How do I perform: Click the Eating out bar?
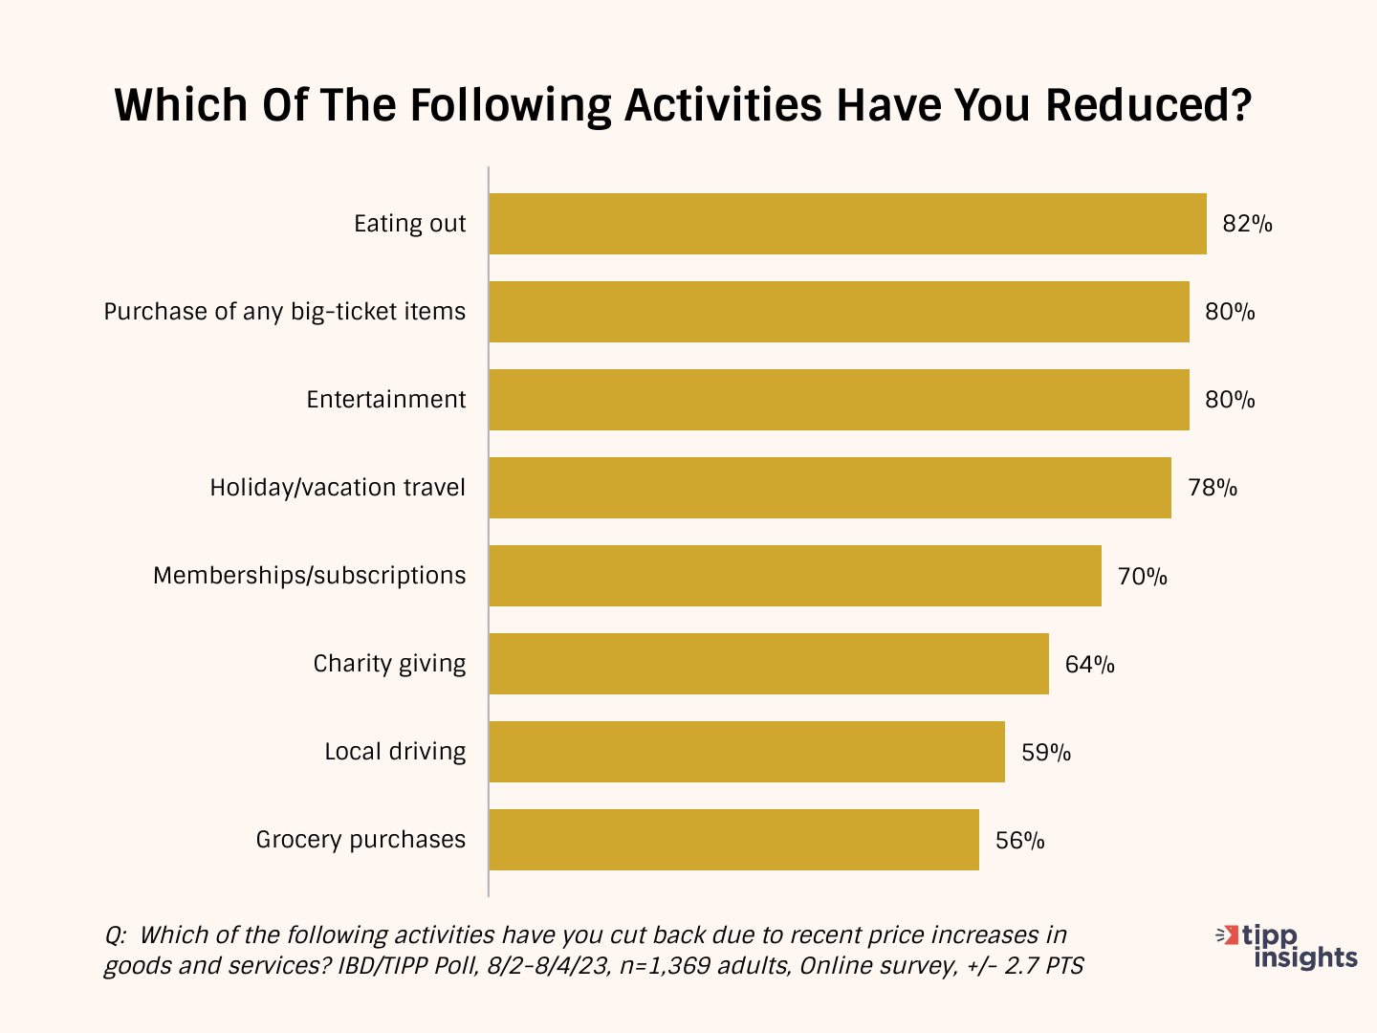pyautogui.click(x=847, y=224)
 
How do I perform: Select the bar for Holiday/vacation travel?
pyautogui.click(x=830, y=488)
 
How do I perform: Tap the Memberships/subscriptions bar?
pyautogui.click(x=796, y=576)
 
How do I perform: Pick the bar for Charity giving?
pyautogui.click(x=769, y=664)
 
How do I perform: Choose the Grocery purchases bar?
pyautogui.click(x=734, y=840)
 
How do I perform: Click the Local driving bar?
pyautogui.click(x=747, y=752)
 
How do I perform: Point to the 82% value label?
pyautogui.click(x=1247, y=224)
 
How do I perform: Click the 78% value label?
pyautogui.click(x=1213, y=488)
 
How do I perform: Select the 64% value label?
pyautogui.click(x=1090, y=664)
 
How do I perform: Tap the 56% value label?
pyautogui.click(x=1020, y=841)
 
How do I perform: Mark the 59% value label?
pyautogui.click(x=1046, y=753)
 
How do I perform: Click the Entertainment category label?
pyautogui.click(x=385, y=400)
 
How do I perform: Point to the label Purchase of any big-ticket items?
pyautogui.click(x=285, y=312)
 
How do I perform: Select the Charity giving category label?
pyautogui.click(x=389, y=664)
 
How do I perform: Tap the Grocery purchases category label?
pyautogui.click(x=361, y=840)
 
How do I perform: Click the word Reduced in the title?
pyautogui.click(x=1148, y=105)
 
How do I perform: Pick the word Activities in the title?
pyautogui.click(x=723, y=105)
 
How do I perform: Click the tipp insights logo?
pyautogui.click(x=1286, y=947)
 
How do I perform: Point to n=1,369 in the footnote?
pyautogui.click(x=665, y=966)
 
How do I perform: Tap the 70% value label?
pyautogui.click(x=1143, y=577)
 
